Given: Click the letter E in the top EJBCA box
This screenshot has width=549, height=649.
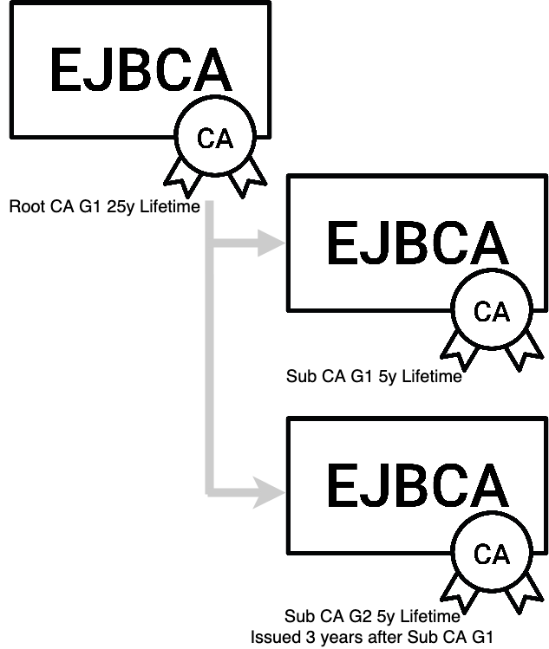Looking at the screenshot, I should coord(65,70).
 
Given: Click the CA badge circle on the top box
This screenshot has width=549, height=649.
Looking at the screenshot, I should coord(214,134).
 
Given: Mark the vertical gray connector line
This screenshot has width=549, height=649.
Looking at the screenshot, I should coord(210,364).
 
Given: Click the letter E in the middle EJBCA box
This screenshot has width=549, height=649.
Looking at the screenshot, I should coord(342,243).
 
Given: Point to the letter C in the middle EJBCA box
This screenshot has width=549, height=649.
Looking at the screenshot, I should coord(450,243).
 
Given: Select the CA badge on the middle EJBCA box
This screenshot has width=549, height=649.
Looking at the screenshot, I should coord(491,307).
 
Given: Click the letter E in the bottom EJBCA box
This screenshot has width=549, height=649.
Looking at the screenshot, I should coord(342,486).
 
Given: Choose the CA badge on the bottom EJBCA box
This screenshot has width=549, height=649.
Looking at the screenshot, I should coord(491,549).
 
